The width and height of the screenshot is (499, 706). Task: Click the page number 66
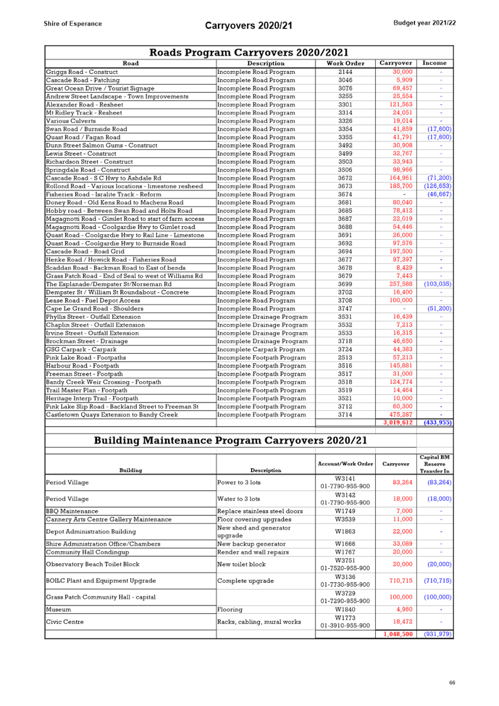pos(452,682)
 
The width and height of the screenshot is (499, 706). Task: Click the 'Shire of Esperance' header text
pos(72,24)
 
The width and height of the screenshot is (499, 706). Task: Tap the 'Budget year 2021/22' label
pos(424,23)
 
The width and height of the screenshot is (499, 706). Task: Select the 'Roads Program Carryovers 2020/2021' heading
pos(249,52)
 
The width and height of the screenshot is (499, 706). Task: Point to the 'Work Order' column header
pos(346,63)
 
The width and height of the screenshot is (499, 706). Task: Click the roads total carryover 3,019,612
pos(398,423)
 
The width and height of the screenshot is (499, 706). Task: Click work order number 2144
pos(346,72)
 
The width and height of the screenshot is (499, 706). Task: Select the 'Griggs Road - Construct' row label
pos(82,72)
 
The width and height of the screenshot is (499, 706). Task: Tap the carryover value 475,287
pos(401,414)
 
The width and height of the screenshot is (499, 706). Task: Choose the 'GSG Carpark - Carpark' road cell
pos(81,349)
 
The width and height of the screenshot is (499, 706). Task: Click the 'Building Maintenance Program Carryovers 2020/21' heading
pos(230,440)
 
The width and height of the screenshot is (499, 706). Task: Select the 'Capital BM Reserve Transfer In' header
pos(434,464)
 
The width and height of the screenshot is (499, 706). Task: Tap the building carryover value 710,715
pos(401,581)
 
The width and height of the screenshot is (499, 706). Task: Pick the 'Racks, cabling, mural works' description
pos(259,622)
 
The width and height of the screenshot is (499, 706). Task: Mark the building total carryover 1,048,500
pos(398,634)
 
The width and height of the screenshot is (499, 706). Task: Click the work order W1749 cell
pos(345,511)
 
